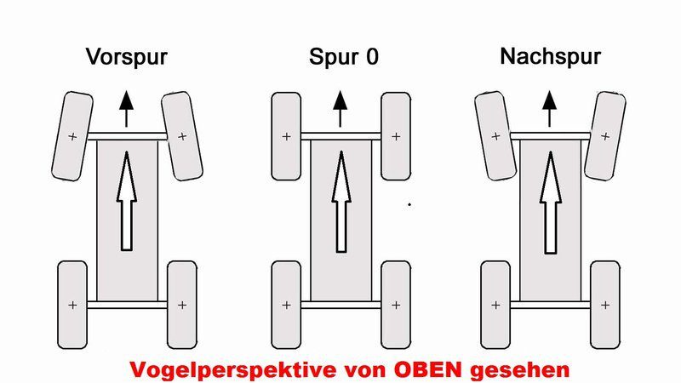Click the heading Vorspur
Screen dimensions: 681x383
(x=126, y=57)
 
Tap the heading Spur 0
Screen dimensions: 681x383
(x=344, y=56)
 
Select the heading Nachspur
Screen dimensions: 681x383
(x=550, y=56)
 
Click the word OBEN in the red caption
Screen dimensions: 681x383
(x=428, y=369)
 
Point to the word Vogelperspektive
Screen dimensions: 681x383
(x=233, y=370)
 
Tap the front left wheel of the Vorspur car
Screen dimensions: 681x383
(x=72, y=136)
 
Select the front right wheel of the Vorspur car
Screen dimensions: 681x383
(x=182, y=136)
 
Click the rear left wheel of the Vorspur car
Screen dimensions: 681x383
(x=72, y=305)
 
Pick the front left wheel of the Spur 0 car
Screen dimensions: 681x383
(x=286, y=136)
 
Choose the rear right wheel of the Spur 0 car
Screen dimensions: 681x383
(x=396, y=305)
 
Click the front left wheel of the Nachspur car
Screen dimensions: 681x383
(x=495, y=136)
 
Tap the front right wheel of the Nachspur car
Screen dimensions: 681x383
(x=605, y=136)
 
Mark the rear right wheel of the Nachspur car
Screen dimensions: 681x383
(x=605, y=305)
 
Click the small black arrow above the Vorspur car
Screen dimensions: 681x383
(x=126, y=109)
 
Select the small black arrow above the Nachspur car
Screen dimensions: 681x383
(x=549, y=109)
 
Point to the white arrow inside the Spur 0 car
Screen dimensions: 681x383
(x=341, y=202)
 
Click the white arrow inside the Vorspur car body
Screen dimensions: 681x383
(x=126, y=201)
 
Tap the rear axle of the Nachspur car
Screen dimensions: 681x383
(x=550, y=305)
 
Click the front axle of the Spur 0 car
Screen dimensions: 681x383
(x=341, y=136)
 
